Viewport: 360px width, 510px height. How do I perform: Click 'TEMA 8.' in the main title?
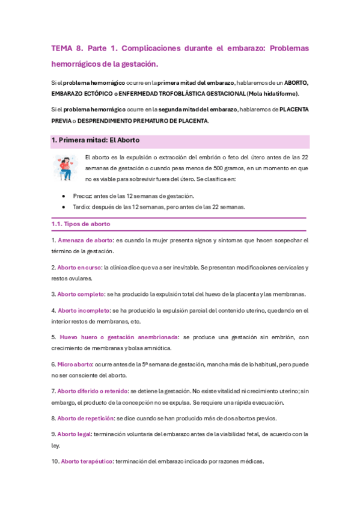click(67, 48)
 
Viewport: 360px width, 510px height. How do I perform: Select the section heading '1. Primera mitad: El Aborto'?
click(96, 140)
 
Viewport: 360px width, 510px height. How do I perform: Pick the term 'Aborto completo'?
click(81, 294)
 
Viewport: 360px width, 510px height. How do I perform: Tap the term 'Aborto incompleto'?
click(84, 310)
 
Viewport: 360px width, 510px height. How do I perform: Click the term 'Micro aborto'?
click(75, 364)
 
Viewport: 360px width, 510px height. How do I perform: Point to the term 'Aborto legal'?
click(75, 434)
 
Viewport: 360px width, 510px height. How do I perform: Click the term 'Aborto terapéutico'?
click(87, 461)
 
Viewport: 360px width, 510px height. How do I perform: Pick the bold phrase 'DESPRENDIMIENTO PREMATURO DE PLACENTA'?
click(149, 120)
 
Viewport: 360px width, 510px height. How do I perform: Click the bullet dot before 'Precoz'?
click(64, 196)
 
